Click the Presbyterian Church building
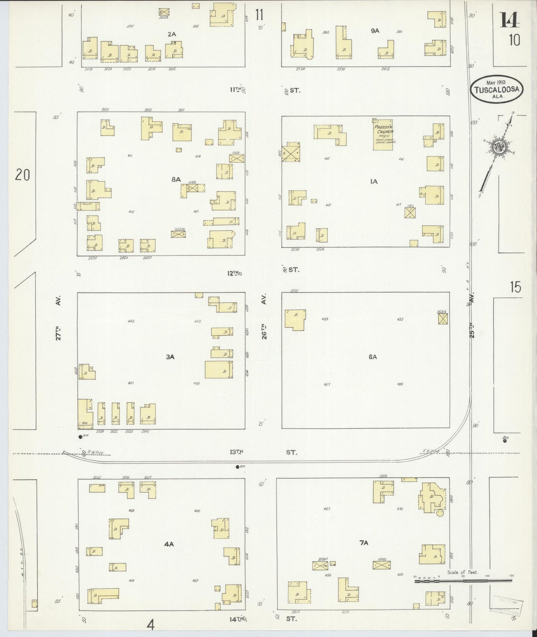click(383, 135)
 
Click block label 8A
click(176, 180)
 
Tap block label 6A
click(373, 357)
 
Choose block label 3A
click(170, 357)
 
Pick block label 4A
click(169, 544)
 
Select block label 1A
click(373, 181)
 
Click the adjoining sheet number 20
click(22, 175)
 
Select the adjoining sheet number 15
click(515, 287)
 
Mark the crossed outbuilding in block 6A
click(442, 319)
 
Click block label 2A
click(171, 34)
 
